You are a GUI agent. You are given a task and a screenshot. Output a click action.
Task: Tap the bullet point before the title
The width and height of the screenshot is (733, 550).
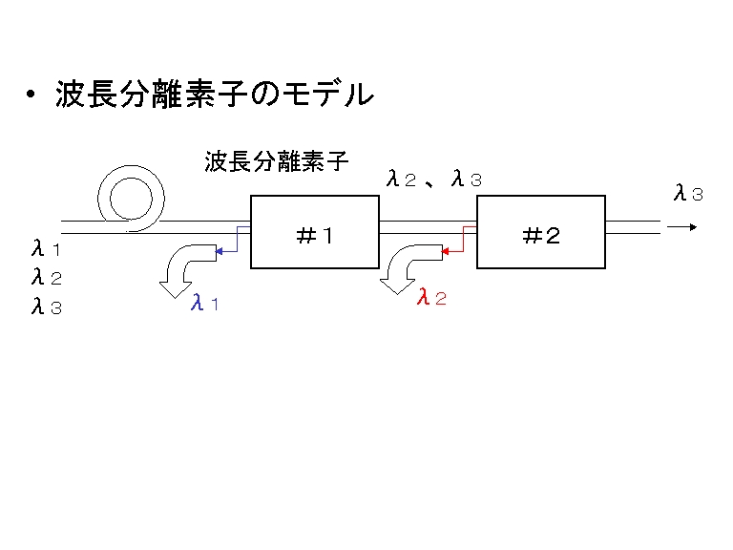coord(31,94)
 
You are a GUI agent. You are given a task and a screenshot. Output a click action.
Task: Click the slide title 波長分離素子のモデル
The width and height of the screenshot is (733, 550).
coord(215,94)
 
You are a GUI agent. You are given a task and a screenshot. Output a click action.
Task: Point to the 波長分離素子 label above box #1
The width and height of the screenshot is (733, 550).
coord(276,161)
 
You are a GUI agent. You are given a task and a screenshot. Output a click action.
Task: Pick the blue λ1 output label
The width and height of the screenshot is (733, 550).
coord(204,303)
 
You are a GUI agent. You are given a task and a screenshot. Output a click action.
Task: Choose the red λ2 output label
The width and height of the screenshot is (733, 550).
coord(431,297)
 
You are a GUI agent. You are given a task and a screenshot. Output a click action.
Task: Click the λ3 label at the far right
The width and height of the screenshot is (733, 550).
coord(688,193)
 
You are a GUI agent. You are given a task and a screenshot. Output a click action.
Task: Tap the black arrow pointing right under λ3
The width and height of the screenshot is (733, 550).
coord(682,227)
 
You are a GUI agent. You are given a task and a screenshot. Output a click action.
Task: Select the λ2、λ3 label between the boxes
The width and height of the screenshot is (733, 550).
coord(434,179)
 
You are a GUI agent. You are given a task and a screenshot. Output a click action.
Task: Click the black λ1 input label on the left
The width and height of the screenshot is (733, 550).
coord(46,248)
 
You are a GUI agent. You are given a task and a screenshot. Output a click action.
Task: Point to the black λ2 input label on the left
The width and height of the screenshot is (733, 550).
coord(46,277)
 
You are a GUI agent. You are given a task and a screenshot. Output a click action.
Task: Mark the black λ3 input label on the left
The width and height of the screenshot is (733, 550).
coord(46,306)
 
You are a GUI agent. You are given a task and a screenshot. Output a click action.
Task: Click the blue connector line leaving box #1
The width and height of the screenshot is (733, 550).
coord(237,240)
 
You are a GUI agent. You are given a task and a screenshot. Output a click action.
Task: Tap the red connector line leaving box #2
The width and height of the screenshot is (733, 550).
coord(463,240)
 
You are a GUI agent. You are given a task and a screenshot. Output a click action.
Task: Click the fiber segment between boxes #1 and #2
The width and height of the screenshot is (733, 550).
coord(428,227)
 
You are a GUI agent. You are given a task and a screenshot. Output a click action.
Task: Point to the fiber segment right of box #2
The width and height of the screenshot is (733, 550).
coord(633,227)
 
